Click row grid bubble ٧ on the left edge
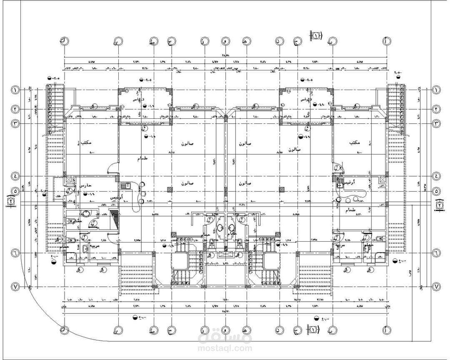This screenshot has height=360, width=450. point(15,287)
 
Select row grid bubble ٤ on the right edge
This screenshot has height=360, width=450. point(436,176)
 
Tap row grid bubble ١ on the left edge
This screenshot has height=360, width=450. point(15,90)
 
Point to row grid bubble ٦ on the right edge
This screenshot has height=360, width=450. point(436,253)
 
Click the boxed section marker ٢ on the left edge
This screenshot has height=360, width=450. point(10,202)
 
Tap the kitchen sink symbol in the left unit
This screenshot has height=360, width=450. point(125,186)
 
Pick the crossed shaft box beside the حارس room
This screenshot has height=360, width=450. point(68,180)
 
